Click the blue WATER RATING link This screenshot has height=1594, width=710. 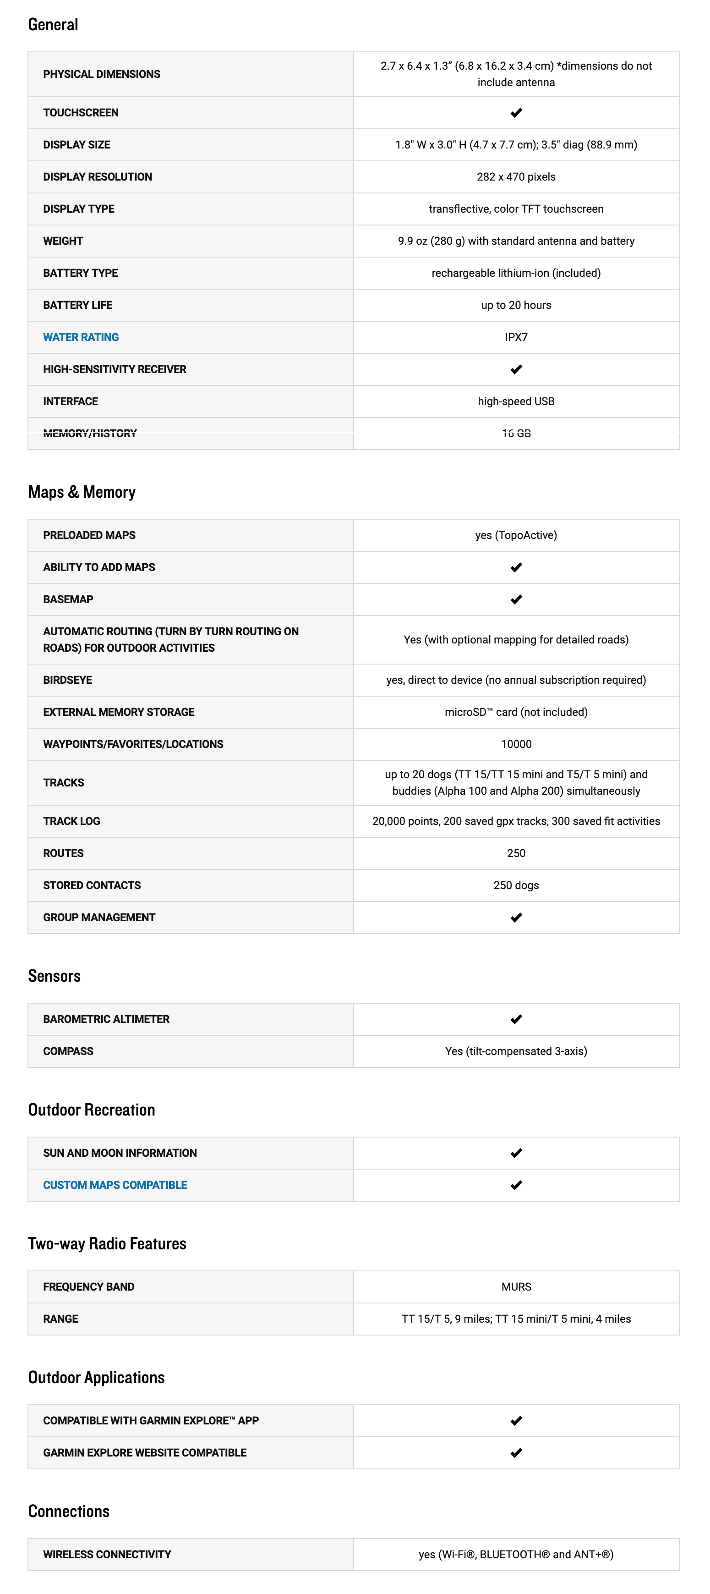coord(81,337)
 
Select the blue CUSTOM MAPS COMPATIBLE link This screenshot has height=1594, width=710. coord(115,1185)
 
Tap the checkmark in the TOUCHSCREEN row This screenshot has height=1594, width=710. coord(516,113)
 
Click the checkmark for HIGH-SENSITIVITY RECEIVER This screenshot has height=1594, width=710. coord(516,369)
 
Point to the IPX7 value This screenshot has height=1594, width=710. coord(516,337)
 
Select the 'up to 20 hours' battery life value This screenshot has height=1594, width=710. coord(516,305)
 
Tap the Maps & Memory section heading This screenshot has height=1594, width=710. coord(82,492)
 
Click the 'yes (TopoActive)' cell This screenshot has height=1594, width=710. coord(516,535)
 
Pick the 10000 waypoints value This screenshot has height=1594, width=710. coord(516,744)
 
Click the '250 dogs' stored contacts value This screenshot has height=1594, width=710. coord(516,885)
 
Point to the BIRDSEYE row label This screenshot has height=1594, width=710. coord(67,680)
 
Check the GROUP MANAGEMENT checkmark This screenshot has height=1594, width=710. coord(516,918)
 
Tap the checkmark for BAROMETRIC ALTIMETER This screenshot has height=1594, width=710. coord(516,1019)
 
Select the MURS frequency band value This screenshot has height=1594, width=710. coord(516,1287)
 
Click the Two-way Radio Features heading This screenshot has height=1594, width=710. coord(107,1244)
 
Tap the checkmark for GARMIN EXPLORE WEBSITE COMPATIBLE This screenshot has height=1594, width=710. coord(516,1453)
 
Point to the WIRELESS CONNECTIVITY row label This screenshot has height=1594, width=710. coord(107,1555)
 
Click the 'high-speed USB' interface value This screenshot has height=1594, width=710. coord(516,401)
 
